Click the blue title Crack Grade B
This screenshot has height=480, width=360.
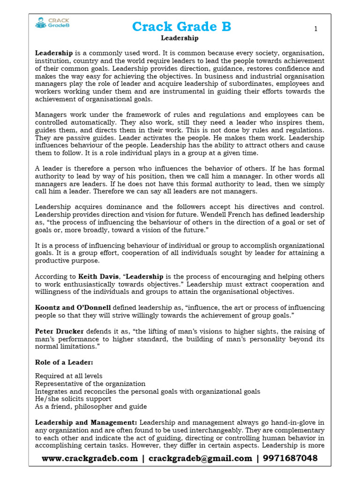pyautogui.click(x=181, y=27)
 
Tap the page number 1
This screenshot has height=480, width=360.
pyautogui.click(x=316, y=29)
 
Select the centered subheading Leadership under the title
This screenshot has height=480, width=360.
pyautogui.click(x=180, y=38)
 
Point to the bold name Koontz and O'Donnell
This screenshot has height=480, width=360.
pyautogui.click(x=73, y=307)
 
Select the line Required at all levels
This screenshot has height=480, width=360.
pyautogui.click(x=68, y=376)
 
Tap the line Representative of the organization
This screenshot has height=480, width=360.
pyautogui.click(x=90, y=383)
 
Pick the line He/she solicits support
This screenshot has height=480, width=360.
pyautogui.click(x=73, y=399)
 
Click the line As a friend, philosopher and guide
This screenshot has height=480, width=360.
pyautogui.click(x=91, y=406)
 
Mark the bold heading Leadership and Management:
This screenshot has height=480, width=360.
pyautogui.click(x=86, y=422)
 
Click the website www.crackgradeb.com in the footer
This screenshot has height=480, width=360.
pyautogui.click(x=90, y=458)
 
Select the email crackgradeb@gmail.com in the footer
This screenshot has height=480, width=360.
pyautogui.click(x=200, y=458)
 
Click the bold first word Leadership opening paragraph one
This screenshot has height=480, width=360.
pyautogui.click(x=54, y=53)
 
